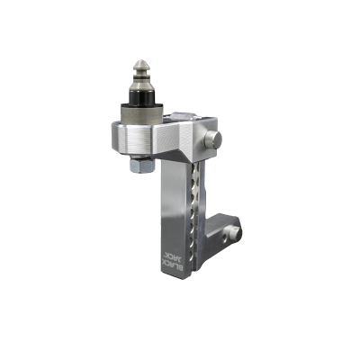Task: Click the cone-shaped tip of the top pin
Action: coord(142,65)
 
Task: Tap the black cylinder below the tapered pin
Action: coord(142,97)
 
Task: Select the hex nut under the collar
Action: coord(142,166)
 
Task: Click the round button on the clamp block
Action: coord(212,139)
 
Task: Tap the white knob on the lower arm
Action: coord(235,234)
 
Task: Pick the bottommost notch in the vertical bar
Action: coord(192,256)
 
